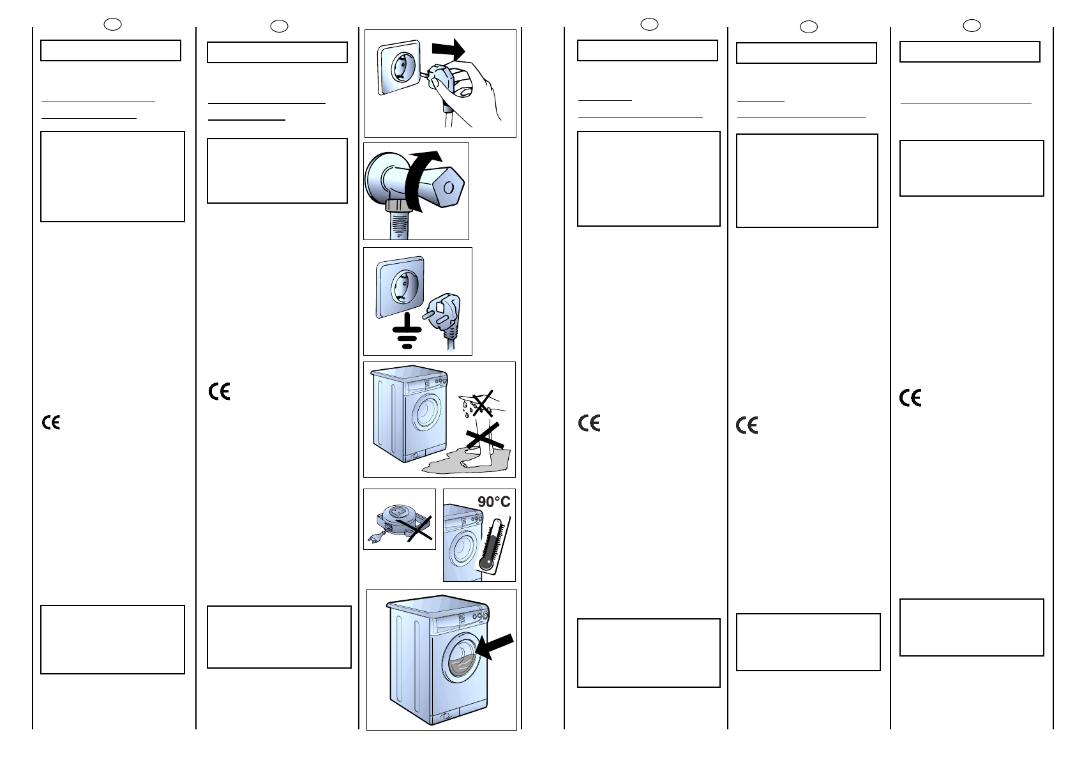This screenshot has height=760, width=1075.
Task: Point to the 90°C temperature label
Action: pos(493,502)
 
